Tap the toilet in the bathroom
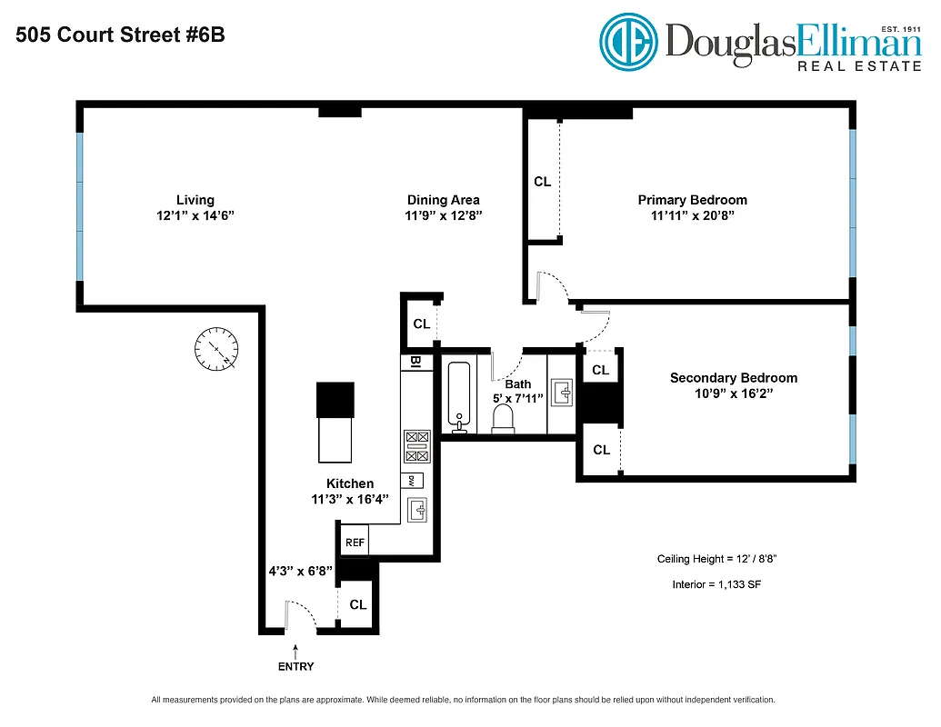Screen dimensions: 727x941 [x=502, y=418]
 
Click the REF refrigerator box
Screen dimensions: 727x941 [x=355, y=542]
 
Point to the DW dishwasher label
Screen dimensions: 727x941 [x=412, y=481]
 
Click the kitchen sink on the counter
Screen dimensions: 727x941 [x=419, y=510]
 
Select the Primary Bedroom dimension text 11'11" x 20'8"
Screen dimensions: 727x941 [x=692, y=216]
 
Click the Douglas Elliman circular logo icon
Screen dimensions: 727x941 [x=628, y=41]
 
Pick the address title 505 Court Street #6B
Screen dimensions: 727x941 [x=119, y=36]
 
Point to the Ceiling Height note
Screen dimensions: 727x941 [x=716, y=559]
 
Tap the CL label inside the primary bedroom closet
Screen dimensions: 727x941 [x=542, y=182]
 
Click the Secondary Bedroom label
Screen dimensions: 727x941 [x=733, y=378]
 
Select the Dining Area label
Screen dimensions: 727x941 [x=443, y=200]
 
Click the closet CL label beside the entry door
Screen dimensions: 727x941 [x=358, y=604]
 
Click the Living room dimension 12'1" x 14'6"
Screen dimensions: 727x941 [x=195, y=216]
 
